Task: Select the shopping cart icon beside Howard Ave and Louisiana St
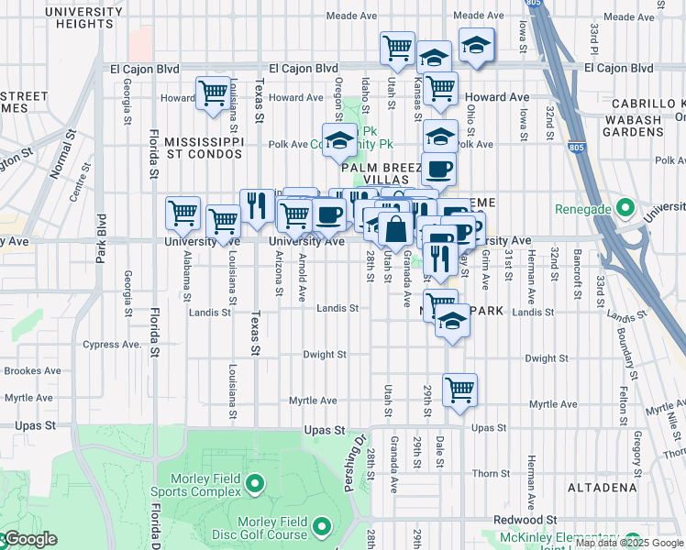(x=213, y=93)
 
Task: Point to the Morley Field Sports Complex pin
(x=254, y=481)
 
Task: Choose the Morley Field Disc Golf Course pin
(x=322, y=526)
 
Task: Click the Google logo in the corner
(x=29, y=539)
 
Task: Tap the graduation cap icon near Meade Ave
(x=476, y=45)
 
